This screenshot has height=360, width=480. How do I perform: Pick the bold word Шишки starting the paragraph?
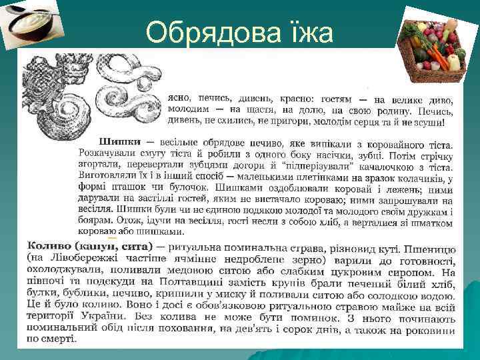120,142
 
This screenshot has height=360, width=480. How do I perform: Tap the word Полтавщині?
186,283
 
